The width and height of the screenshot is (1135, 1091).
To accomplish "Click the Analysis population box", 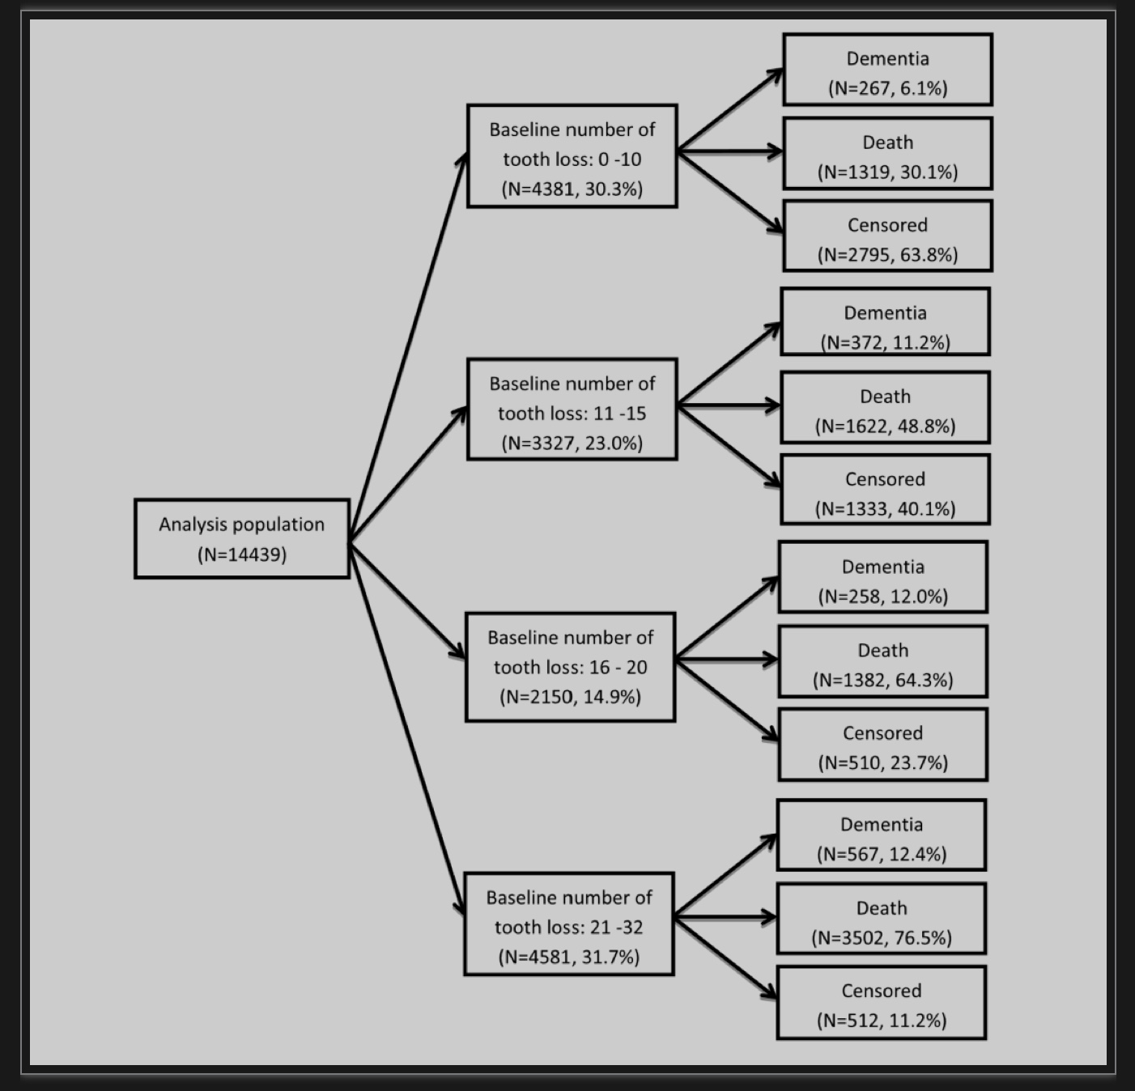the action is [x=242, y=539].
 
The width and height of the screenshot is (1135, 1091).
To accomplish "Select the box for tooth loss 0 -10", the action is [x=572, y=156].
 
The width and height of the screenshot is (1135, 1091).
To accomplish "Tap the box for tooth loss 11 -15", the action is [x=572, y=410].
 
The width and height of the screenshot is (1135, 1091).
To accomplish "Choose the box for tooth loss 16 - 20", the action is [x=571, y=667].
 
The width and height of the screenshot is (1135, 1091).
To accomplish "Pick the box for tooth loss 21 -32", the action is [x=569, y=923].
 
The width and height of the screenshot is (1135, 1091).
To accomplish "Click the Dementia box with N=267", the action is [x=888, y=70].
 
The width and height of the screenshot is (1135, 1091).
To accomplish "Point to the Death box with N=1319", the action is [x=888, y=153].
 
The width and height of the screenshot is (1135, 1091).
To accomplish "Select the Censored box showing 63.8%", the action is [x=888, y=236].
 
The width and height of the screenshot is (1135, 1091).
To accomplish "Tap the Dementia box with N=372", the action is [x=886, y=321].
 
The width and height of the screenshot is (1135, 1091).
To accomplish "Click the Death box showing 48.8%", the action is [x=886, y=408].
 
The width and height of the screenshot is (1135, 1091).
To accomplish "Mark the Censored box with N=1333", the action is [x=886, y=490].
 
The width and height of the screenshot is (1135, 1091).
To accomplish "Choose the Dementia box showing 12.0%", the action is [x=883, y=577].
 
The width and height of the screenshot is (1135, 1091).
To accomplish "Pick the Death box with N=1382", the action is [x=883, y=661].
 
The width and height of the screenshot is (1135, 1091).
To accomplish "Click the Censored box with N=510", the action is [x=883, y=745].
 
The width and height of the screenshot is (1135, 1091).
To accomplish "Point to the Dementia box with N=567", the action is [x=882, y=835].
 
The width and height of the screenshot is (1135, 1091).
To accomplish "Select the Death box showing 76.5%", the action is [x=882, y=919].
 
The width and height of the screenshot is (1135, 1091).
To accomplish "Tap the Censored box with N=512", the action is [x=882, y=1003].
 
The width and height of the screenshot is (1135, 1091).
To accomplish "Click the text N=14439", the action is [x=242, y=554].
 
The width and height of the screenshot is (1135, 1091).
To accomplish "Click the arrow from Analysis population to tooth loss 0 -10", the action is [x=408, y=348].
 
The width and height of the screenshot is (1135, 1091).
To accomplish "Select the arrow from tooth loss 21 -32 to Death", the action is [x=725, y=917].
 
